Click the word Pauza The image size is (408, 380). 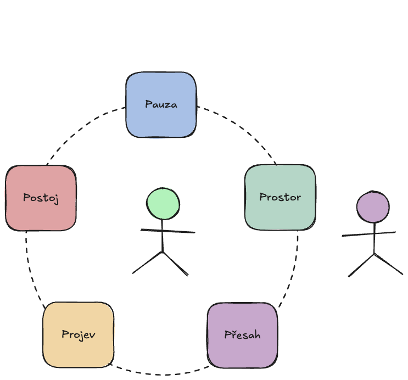tap(161, 104)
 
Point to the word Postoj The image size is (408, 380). tap(41, 198)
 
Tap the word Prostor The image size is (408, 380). tap(280, 197)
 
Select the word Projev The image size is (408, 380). tap(79, 334)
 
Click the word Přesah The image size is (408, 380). tap(242, 334)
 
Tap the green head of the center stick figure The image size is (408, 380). tap(163, 204)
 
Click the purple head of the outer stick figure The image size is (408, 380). tap(373, 208)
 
